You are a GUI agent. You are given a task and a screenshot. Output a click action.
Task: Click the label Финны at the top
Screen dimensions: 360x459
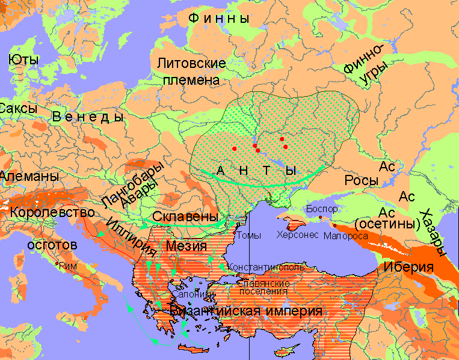tap(219, 19)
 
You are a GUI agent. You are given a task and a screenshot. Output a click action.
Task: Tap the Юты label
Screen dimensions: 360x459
tap(24, 59)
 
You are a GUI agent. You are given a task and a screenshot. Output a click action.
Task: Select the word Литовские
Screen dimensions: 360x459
tap(191, 63)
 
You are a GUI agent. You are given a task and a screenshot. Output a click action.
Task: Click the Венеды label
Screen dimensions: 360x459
tap(88, 117)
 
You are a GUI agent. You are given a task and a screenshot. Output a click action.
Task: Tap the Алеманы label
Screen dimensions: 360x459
tap(29, 177)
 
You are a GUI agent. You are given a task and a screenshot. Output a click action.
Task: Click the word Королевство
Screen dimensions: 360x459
tap(52, 212)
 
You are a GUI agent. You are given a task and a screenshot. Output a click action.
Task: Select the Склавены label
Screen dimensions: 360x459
tap(185, 216)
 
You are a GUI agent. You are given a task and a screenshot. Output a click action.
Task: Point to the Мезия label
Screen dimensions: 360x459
tap(187, 246)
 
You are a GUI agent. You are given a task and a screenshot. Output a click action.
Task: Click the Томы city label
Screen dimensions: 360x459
tap(248, 236)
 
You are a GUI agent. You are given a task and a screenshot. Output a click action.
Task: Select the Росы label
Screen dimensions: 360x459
tap(361, 180)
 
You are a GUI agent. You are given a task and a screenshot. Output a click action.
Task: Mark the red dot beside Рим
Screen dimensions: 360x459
tap(57, 263)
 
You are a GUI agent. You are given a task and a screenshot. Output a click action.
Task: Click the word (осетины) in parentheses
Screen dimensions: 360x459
tap(387, 224)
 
